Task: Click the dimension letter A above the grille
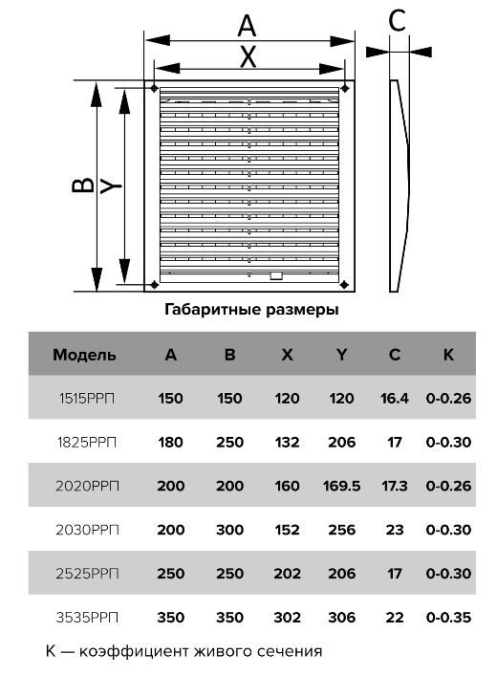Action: (247, 26)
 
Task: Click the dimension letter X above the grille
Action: (248, 56)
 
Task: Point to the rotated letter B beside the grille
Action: (82, 185)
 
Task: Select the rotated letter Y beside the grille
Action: (111, 186)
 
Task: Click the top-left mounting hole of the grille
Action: (154, 88)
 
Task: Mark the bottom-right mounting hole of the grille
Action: (344, 285)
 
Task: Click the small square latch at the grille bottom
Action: (276, 276)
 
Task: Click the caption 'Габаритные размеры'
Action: (251, 310)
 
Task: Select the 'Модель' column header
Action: (84, 355)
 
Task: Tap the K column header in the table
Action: (448, 355)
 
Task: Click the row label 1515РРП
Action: (87, 399)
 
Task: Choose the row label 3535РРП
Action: (87, 618)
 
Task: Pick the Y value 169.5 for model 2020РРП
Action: (341, 486)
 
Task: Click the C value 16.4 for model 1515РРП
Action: (395, 399)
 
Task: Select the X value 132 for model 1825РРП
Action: (287, 443)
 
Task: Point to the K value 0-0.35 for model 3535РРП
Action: (448, 618)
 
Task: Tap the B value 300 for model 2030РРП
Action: (229, 530)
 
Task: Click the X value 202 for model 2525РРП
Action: (287, 574)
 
